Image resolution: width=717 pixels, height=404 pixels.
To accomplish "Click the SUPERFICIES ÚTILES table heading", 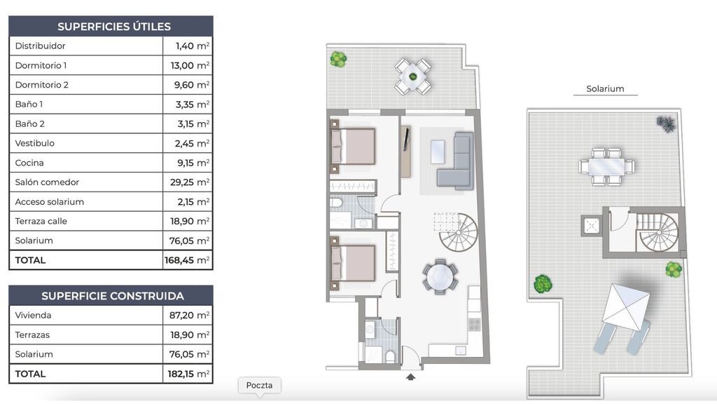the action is tap(114, 27).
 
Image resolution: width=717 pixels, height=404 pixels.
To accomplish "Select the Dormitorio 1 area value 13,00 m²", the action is tap(190, 65).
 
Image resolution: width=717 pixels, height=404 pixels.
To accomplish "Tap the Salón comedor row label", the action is tap(47, 182).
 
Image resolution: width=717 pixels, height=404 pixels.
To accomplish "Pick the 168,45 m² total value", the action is tap(187, 260).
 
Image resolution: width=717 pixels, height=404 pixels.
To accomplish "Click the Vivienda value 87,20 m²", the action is tap(190, 315).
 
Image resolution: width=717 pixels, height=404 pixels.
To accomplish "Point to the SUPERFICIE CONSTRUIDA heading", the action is tap(113, 296).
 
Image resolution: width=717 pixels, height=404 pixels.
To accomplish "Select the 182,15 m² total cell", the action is tap(188, 374).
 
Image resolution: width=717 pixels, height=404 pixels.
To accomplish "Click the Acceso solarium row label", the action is tap(50, 202).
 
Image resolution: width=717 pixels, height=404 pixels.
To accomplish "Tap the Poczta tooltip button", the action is tap(259, 385).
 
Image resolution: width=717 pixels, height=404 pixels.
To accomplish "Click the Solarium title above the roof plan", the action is tap(605, 89).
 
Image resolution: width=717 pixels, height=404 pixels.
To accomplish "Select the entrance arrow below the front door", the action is tap(410, 377).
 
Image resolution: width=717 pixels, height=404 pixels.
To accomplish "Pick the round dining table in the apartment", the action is tap(440, 276).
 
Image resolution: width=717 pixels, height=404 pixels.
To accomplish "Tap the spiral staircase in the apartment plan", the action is tap(458, 232).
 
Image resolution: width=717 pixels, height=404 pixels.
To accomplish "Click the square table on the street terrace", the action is tap(413, 76).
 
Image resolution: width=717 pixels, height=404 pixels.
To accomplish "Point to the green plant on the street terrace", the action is tap(338, 59).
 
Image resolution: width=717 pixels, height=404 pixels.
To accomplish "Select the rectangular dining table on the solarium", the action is tap(606, 166).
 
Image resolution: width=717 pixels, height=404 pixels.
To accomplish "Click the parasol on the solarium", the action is tap(626, 307).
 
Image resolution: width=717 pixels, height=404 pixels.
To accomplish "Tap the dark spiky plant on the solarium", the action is tap(667, 123).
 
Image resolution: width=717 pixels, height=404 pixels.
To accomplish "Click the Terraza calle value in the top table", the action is tap(190, 221).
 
